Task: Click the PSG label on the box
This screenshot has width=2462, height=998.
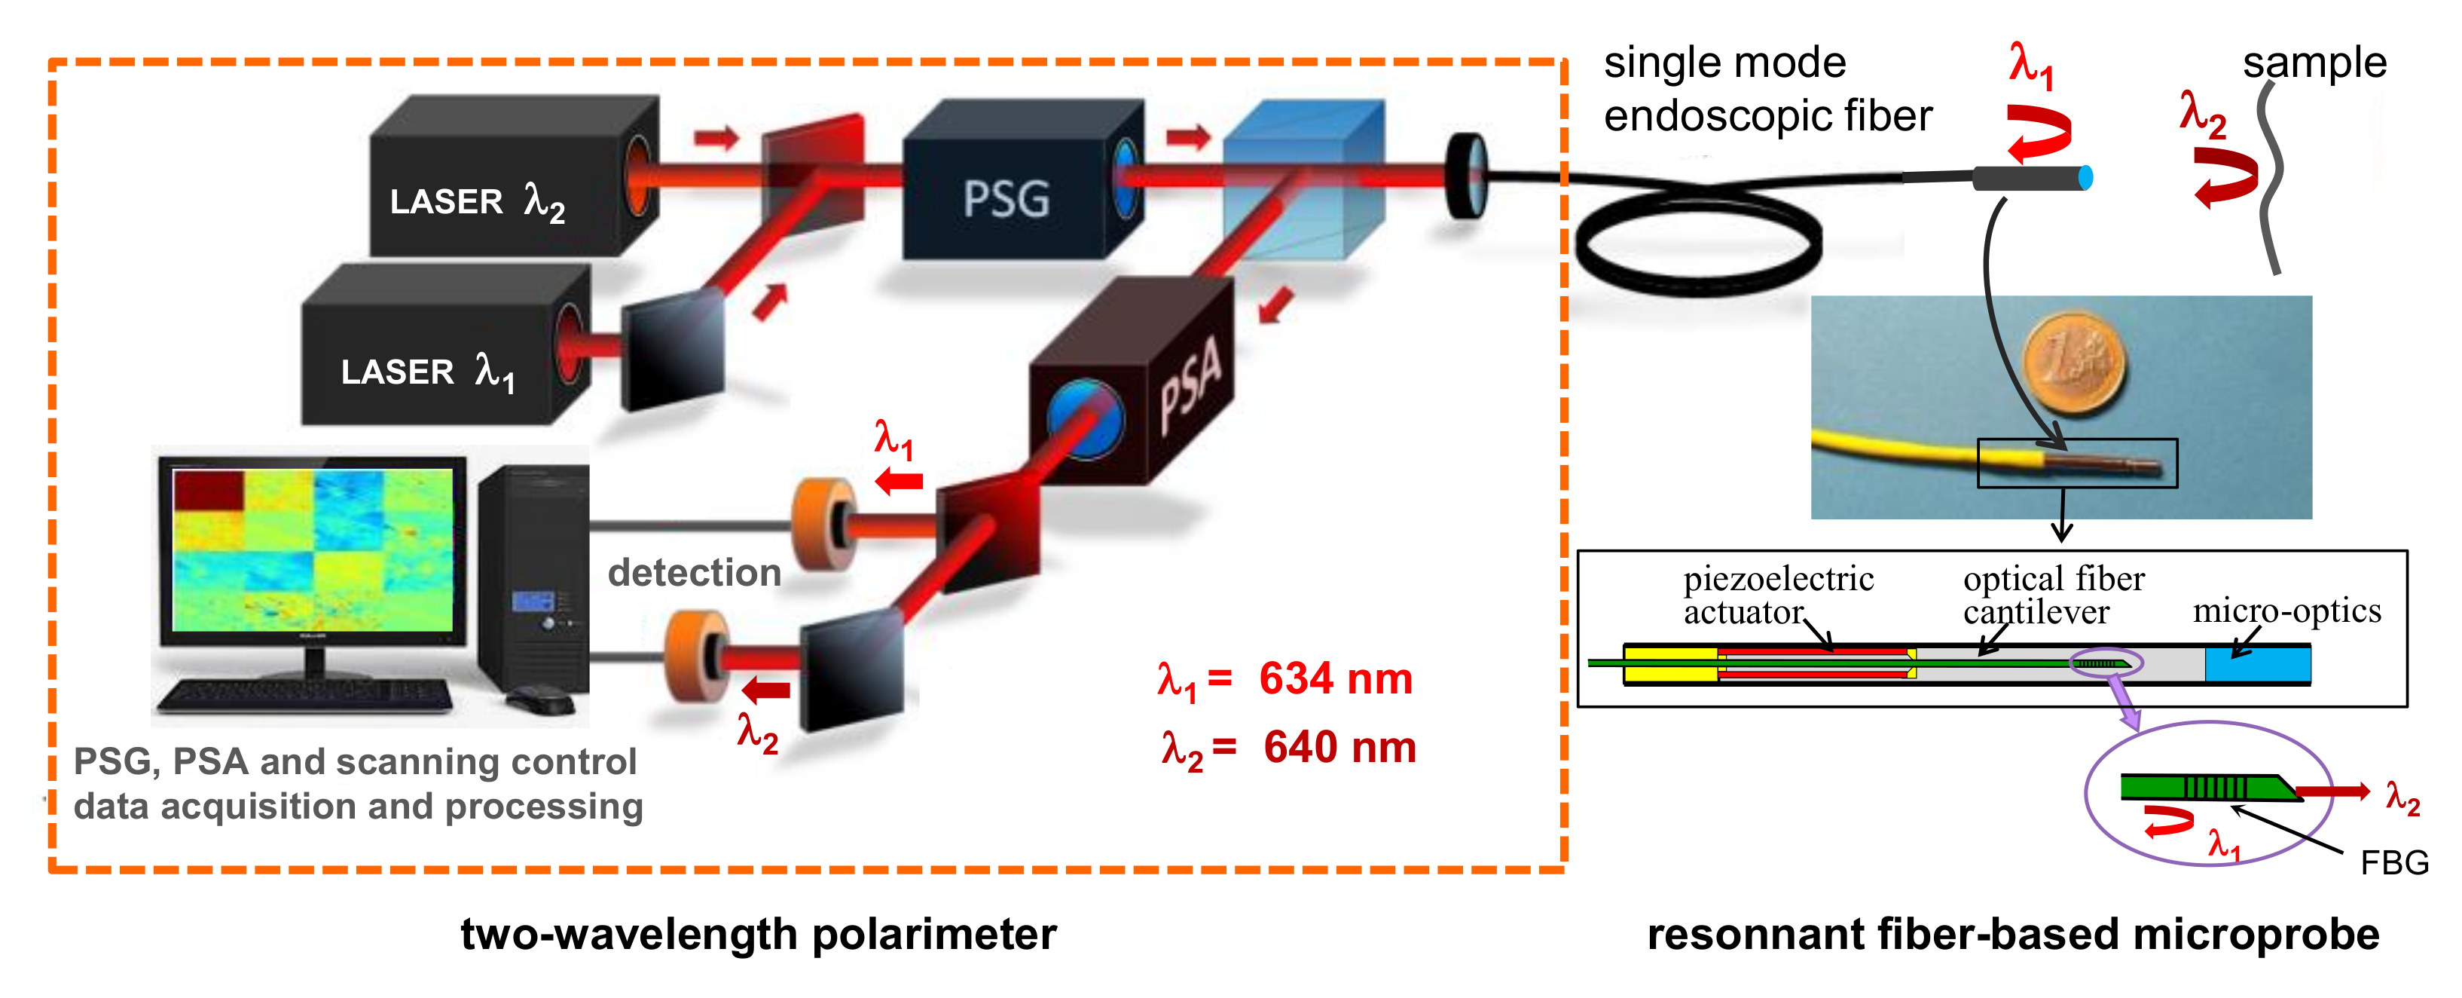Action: [1006, 199]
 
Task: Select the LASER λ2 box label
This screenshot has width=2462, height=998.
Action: [477, 202]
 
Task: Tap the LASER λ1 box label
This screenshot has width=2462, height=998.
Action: [427, 371]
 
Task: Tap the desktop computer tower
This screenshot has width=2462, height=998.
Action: [534, 578]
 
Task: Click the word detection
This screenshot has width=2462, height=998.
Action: [695, 573]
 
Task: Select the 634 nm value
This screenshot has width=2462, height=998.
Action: [1335, 678]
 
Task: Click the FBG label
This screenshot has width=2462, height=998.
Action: [2393, 863]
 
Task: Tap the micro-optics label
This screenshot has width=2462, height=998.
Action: [2286, 610]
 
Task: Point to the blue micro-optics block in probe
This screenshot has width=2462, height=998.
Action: [2258, 664]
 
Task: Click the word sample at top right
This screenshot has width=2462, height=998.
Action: [2314, 63]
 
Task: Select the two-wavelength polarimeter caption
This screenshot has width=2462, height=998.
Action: [758, 934]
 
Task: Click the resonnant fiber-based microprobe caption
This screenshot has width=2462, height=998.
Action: [2013, 934]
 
